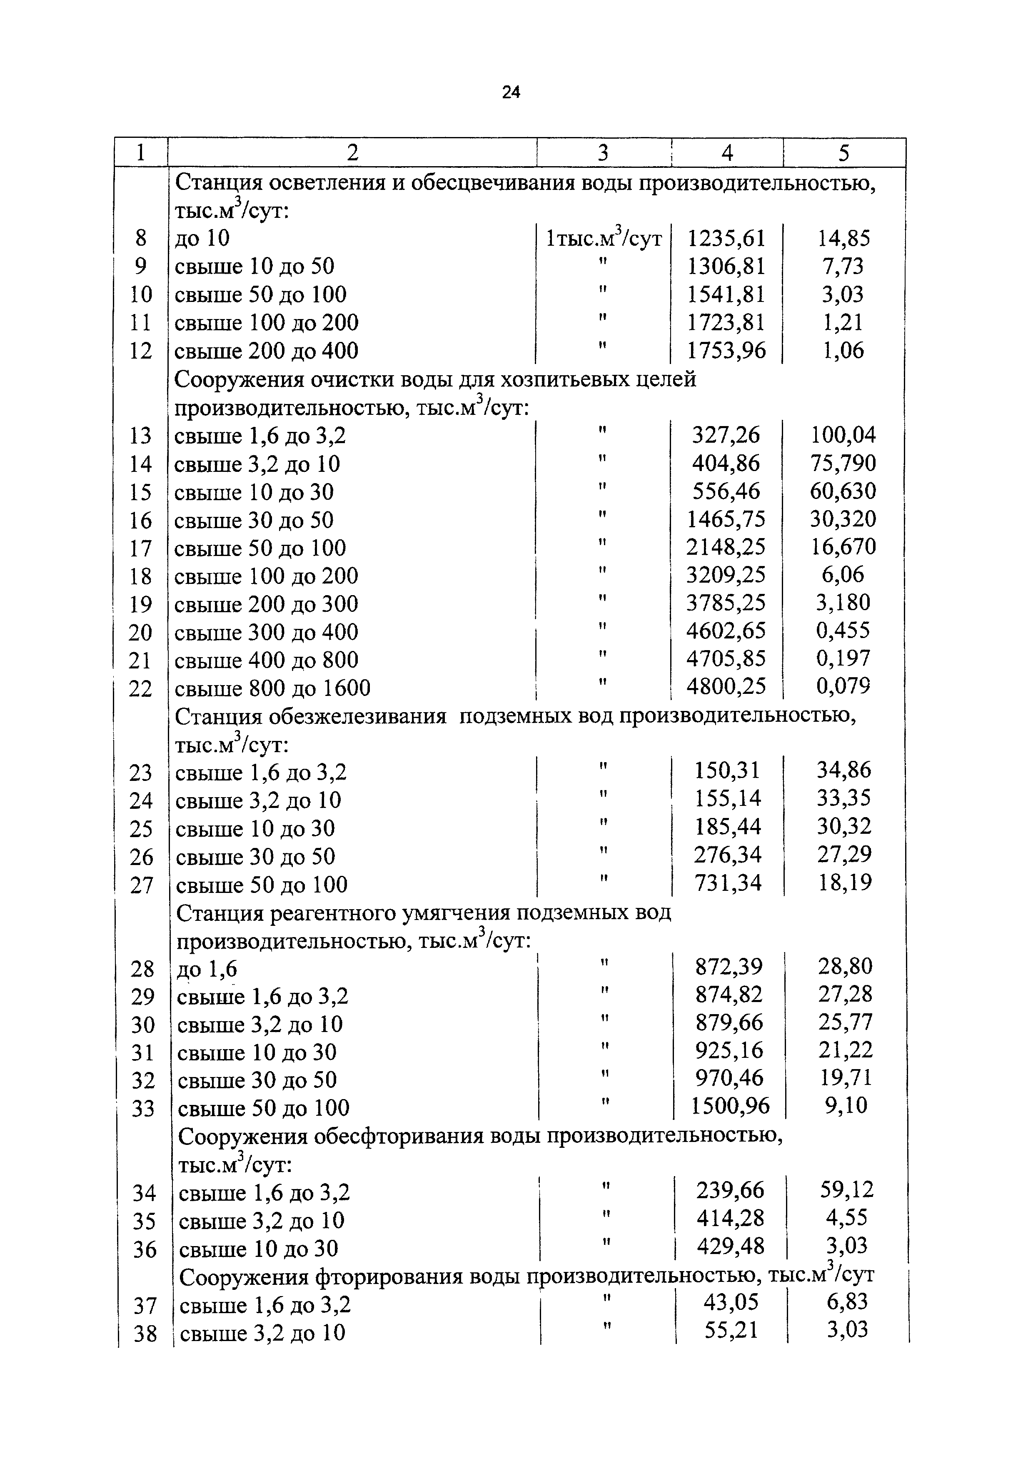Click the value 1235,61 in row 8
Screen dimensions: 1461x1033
click(726, 239)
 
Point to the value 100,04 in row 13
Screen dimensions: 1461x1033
click(843, 435)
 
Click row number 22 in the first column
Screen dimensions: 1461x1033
click(141, 688)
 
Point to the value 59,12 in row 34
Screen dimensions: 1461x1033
click(846, 1189)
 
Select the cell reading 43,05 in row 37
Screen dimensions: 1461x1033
click(731, 1302)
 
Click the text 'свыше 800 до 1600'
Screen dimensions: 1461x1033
click(272, 688)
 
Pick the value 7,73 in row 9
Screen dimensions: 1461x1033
click(843, 266)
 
